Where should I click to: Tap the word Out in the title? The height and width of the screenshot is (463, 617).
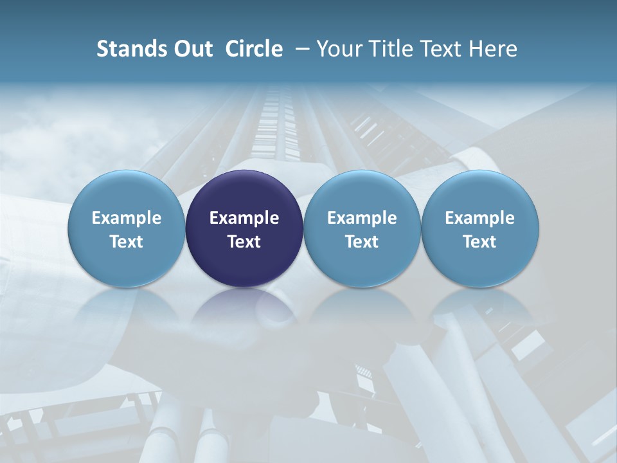[x=192, y=49]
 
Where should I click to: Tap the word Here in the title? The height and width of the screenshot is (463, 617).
[x=494, y=49]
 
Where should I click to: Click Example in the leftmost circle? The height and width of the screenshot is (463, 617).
[x=127, y=218]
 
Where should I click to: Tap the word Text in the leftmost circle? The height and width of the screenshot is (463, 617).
[x=127, y=242]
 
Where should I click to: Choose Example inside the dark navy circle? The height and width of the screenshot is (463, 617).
[x=244, y=218]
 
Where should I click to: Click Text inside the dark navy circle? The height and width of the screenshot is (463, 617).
[x=244, y=242]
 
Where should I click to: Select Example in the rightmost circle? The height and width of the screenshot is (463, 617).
[x=479, y=218]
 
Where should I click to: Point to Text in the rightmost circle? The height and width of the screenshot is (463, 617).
[x=479, y=242]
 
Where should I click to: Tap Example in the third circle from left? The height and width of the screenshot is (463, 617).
[x=362, y=218]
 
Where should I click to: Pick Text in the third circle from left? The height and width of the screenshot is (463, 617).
[x=362, y=242]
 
